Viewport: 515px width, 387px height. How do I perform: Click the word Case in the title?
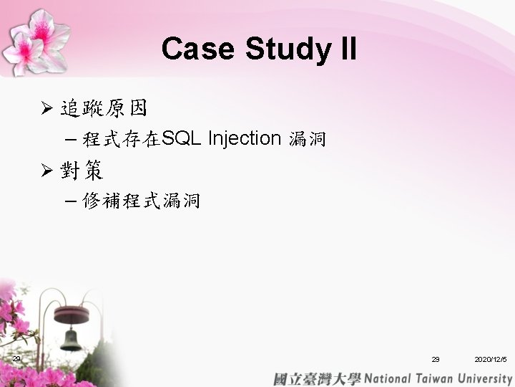point(197,49)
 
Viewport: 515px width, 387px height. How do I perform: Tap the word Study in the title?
point(288,49)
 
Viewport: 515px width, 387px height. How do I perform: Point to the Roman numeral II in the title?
point(349,48)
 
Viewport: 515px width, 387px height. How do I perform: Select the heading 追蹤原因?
point(104,108)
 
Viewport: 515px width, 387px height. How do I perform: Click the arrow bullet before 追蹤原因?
point(47,107)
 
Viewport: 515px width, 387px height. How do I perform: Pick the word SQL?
point(181,138)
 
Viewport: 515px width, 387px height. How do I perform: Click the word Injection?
point(245,139)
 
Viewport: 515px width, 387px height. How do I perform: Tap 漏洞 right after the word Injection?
point(308,139)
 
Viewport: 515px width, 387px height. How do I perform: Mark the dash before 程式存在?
point(71,140)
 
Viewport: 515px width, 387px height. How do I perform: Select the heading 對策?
point(82,170)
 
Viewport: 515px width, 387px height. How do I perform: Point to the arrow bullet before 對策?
point(47,170)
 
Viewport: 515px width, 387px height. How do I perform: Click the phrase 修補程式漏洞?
point(141,201)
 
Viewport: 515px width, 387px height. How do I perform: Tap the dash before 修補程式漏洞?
point(71,201)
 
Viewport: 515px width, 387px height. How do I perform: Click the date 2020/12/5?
point(491,359)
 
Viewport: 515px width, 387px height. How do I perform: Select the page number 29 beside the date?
point(436,359)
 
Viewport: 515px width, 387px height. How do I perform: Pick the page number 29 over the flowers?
point(16,358)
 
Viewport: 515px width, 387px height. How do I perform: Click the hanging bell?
point(71,340)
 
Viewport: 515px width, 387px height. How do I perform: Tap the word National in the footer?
point(388,378)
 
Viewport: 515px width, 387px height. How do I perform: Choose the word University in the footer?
point(485,379)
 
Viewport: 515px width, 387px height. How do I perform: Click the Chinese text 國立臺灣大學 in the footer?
point(317,379)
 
